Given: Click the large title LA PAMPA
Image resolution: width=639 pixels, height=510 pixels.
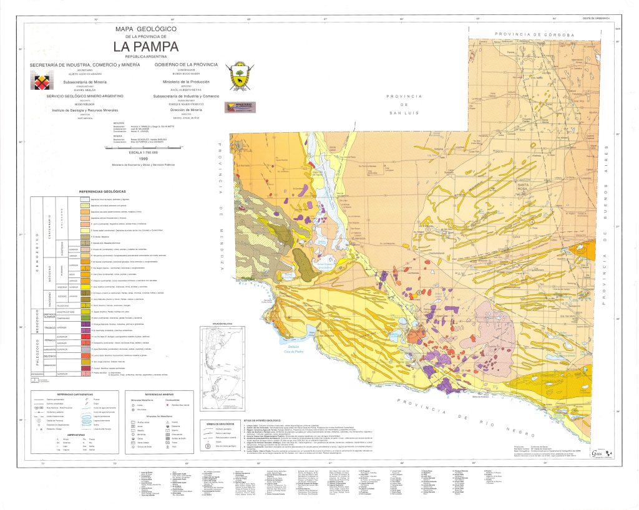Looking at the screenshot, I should [x=145, y=47].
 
